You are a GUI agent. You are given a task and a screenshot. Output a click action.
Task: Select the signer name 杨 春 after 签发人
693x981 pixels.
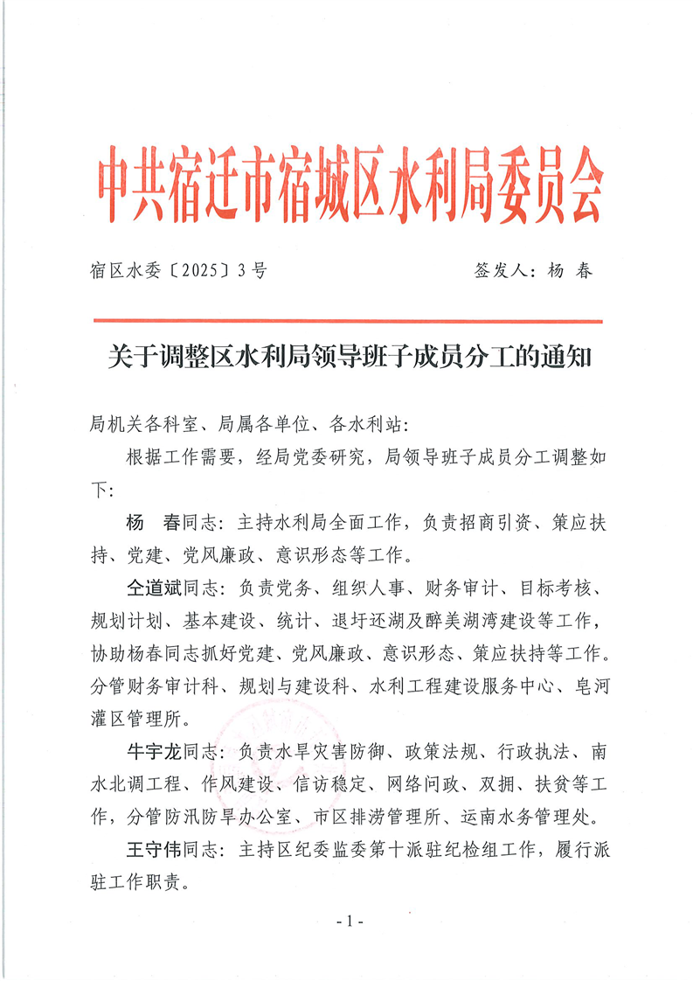point(570,271)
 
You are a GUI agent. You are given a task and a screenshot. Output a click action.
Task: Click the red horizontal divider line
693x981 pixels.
point(347,321)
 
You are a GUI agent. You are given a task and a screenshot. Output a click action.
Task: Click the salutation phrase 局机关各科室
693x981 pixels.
point(141,424)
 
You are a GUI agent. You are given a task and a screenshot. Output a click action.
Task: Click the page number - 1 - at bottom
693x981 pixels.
point(349,923)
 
